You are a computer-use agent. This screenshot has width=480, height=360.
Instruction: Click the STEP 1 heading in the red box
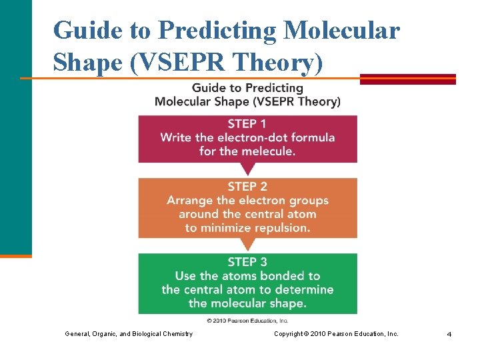[247, 124]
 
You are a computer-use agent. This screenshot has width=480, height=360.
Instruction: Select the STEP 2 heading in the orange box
[247, 187]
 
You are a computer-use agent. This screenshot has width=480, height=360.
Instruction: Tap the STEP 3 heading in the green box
[247, 262]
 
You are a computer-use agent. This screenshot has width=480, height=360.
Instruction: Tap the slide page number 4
[449, 334]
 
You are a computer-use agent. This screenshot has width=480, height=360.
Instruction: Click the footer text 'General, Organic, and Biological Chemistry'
[128, 333]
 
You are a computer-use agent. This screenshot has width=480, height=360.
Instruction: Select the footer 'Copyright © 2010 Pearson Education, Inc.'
[336, 333]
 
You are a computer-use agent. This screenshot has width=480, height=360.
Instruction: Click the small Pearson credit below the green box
[247, 320]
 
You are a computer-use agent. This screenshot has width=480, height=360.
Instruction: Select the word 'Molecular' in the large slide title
[342, 31]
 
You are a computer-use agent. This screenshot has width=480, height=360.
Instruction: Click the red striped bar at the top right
[407, 79]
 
